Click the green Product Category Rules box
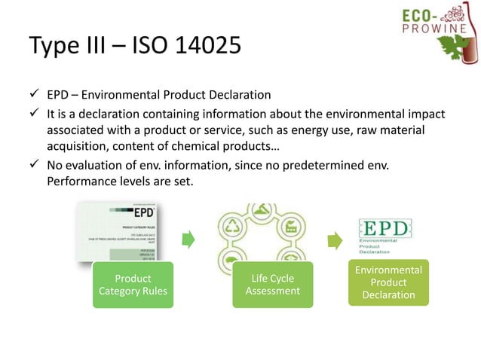point(132,284)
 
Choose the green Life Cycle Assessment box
point(272,284)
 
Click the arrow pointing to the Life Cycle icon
point(188,239)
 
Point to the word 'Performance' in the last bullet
point(77,182)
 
